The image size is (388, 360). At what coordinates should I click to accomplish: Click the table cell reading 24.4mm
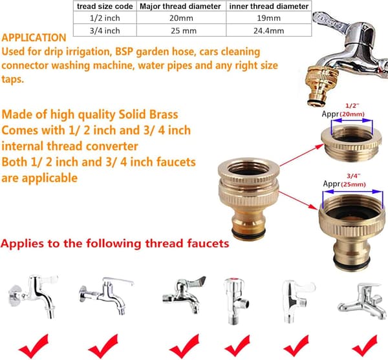click(269, 31)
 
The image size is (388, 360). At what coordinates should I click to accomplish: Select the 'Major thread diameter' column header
click(180, 6)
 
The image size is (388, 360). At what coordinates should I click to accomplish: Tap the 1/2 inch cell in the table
click(105, 18)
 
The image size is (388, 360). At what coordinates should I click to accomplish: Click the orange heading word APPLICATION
click(34, 38)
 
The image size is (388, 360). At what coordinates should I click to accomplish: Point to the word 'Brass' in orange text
click(164, 114)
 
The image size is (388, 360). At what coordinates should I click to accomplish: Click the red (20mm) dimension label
click(352, 114)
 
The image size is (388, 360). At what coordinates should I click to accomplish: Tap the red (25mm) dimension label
click(353, 184)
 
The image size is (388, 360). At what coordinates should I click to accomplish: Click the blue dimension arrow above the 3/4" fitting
click(353, 191)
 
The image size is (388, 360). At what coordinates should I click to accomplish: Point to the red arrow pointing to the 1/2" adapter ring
click(302, 155)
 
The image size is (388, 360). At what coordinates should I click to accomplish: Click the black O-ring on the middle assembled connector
click(249, 233)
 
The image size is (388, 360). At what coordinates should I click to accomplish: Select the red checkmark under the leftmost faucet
click(34, 346)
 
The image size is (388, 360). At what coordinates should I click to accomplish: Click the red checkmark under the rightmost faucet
click(365, 346)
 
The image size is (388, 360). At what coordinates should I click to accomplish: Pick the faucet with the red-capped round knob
click(236, 301)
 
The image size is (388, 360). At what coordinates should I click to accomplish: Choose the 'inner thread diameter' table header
click(269, 6)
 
